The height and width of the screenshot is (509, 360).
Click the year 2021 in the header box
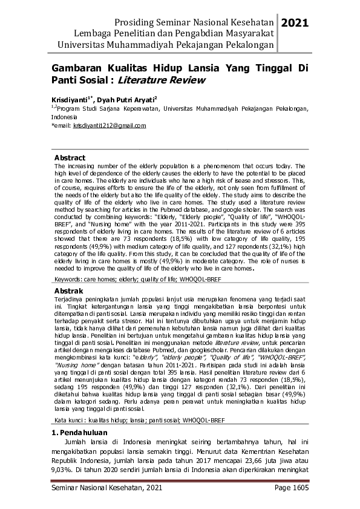pyautogui.click(x=295, y=23)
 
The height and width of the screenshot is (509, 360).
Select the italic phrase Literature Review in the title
pyautogui.click(x=162, y=80)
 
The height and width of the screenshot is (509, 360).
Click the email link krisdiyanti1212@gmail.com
pyautogui.click(x=110, y=126)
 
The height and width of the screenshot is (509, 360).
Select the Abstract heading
pyautogui.click(x=70, y=158)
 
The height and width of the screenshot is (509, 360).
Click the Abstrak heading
pyautogui.click(x=69, y=291)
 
